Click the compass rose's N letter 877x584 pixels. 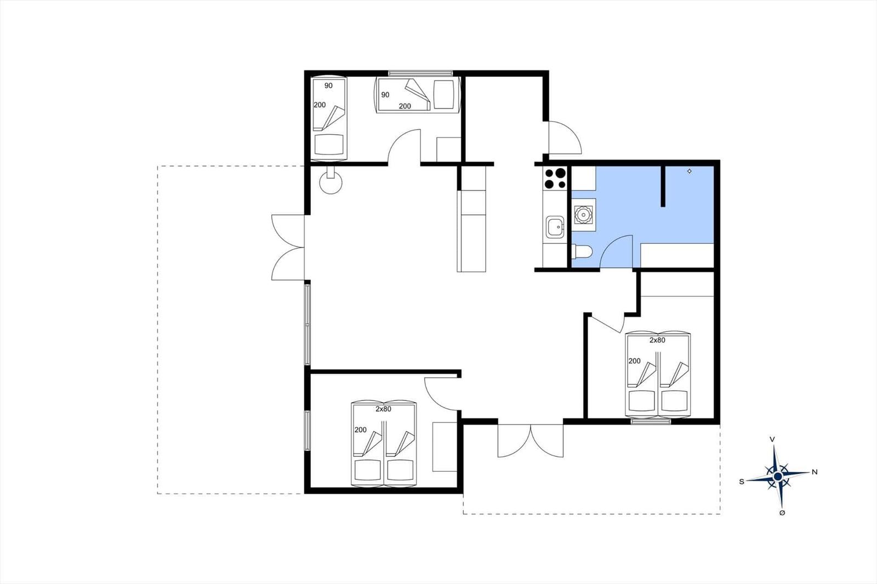click(815, 472)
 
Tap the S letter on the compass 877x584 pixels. click(742, 482)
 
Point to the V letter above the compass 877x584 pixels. click(772, 439)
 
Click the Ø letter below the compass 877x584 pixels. click(782, 513)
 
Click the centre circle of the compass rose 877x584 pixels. click(778, 477)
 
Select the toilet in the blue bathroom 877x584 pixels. click(582, 251)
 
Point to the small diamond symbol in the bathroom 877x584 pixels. click(690, 171)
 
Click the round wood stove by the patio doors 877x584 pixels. click(331, 182)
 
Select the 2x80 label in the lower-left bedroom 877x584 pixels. click(383, 409)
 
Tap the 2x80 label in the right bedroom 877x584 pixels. click(657, 340)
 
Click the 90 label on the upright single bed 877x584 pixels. click(328, 85)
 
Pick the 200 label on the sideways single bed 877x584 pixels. click(405, 106)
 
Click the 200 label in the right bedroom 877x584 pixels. click(635, 361)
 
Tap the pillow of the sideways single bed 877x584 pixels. click(443, 95)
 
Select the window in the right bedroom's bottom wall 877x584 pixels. click(651, 422)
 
